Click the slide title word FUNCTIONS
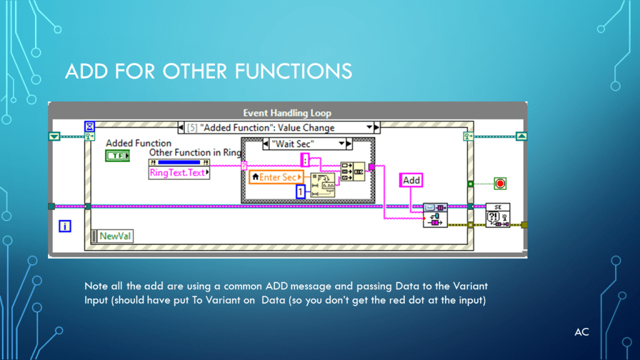(293, 71)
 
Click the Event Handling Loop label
(287, 113)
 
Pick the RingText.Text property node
(179, 172)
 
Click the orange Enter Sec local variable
(276, 177)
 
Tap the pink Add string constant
(411, 180)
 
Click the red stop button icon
(499, 184)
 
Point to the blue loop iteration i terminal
(64, 226)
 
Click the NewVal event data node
(112, 236)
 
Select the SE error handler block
(497, 216)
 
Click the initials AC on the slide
(581, 332)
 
